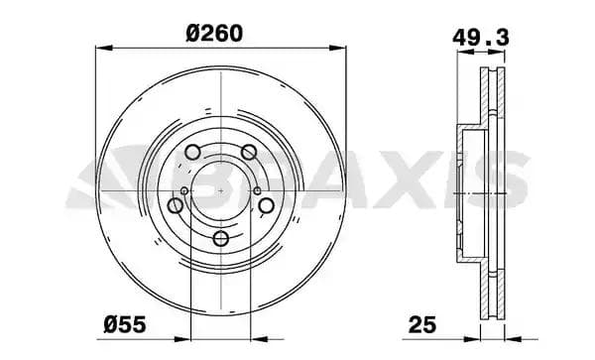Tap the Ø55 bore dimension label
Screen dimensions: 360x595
(128, 323)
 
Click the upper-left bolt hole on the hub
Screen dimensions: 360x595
(191, 154)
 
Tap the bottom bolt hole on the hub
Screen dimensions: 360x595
(219, 238)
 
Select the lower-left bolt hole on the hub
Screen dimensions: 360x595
(176, 205)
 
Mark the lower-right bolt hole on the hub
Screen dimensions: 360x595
(265, 205)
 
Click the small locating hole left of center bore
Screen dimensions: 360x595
(185, 191)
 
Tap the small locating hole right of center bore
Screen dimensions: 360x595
(255, 191)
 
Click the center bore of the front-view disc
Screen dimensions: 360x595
(219, 188)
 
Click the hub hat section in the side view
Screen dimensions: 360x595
(466, 188)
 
